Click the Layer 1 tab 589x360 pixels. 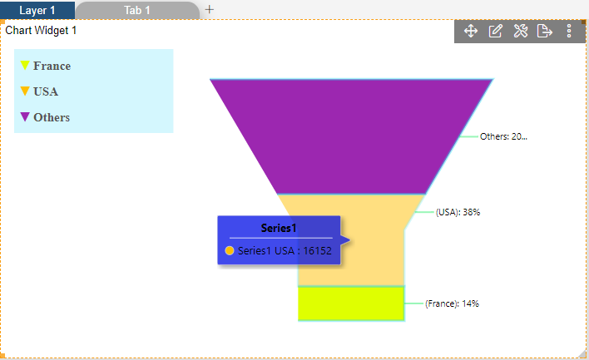click(37, 10)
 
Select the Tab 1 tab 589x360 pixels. click(137, 10)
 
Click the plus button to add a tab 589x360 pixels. click(210, 9)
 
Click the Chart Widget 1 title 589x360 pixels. click(41, 31)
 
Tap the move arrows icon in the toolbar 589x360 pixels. click(471, 31)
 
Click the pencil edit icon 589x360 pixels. click(496, 31)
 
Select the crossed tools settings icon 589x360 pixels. click(521, 31)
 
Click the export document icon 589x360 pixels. click(545, 31)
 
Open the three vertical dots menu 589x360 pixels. click(569, 31)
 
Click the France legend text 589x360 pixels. click(52, 66)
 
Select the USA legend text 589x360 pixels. click(46, 91)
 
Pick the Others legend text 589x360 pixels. click(52, 117)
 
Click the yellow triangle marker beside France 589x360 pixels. click(25, 65)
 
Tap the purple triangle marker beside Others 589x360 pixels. click(25, 116)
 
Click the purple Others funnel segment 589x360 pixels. click(351, 136)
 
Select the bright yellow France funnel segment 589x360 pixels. click(351, 303)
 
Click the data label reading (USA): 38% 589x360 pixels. click(458, 212)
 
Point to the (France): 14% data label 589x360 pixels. click(452, 303)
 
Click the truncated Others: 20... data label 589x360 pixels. click(503, 136)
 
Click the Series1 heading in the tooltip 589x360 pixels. click(279, 228)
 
